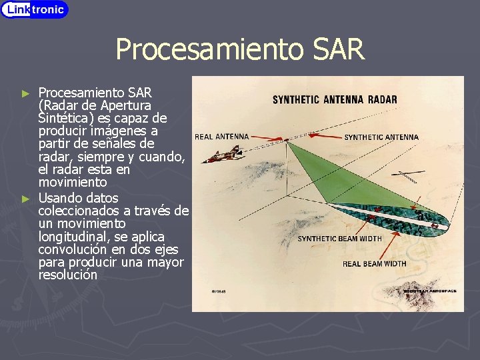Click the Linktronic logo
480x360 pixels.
pyautogui.click(x=35, y=9)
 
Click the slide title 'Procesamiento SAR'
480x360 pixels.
pyautogui.click(x=240, y=49)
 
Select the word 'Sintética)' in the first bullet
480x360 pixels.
pyautogui.click(x=65, y=118)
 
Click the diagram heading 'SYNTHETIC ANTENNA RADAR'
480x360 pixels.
pyautogui.click(x=335, y=100)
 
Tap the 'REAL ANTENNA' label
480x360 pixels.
pyautogui.click(x=221, y=137)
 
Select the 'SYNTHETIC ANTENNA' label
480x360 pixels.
pyautogui.click(x=381, y=137)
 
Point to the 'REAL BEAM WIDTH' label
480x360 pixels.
pyautogui.click(x=374, y=264)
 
